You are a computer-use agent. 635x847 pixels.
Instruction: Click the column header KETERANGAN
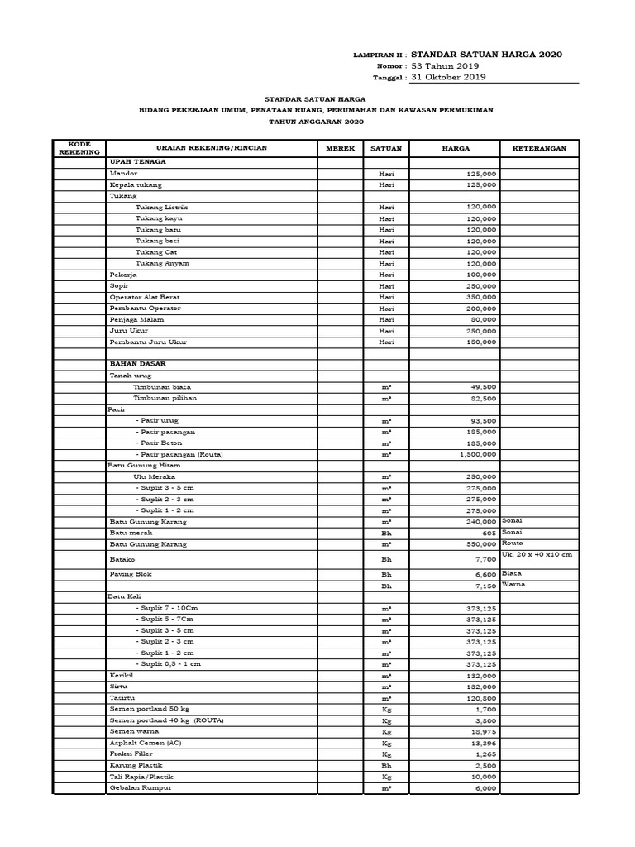[x=539, y=148]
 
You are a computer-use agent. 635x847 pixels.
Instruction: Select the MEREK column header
[x=340, y=148]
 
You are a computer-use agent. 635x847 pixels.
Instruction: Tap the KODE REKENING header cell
[x=79, y=148]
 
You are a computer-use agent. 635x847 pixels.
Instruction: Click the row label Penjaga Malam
[x=133, y=319]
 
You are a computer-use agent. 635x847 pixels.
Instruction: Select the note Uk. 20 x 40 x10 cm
[x=537, y=553]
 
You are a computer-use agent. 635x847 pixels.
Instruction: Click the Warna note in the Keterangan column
[x=513, y=585]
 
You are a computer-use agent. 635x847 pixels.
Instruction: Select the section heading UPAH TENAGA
[x=132, y=163]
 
